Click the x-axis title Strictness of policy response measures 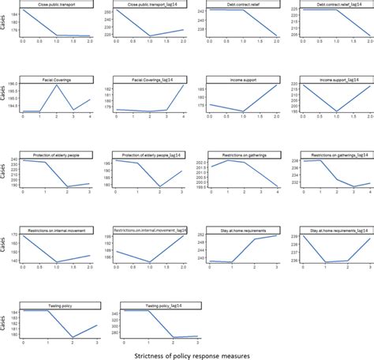point(187,355)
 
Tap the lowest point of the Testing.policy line point(72,337)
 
